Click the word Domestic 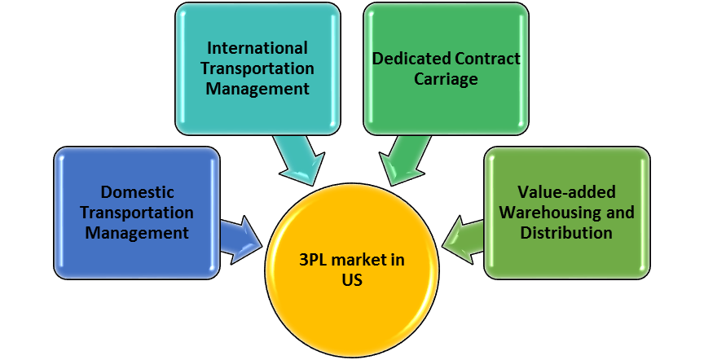point(136,193)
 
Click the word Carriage point(446,80)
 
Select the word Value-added point(567,193)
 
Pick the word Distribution point(567,233)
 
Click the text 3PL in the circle point(315,260)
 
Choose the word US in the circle point(351,280)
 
